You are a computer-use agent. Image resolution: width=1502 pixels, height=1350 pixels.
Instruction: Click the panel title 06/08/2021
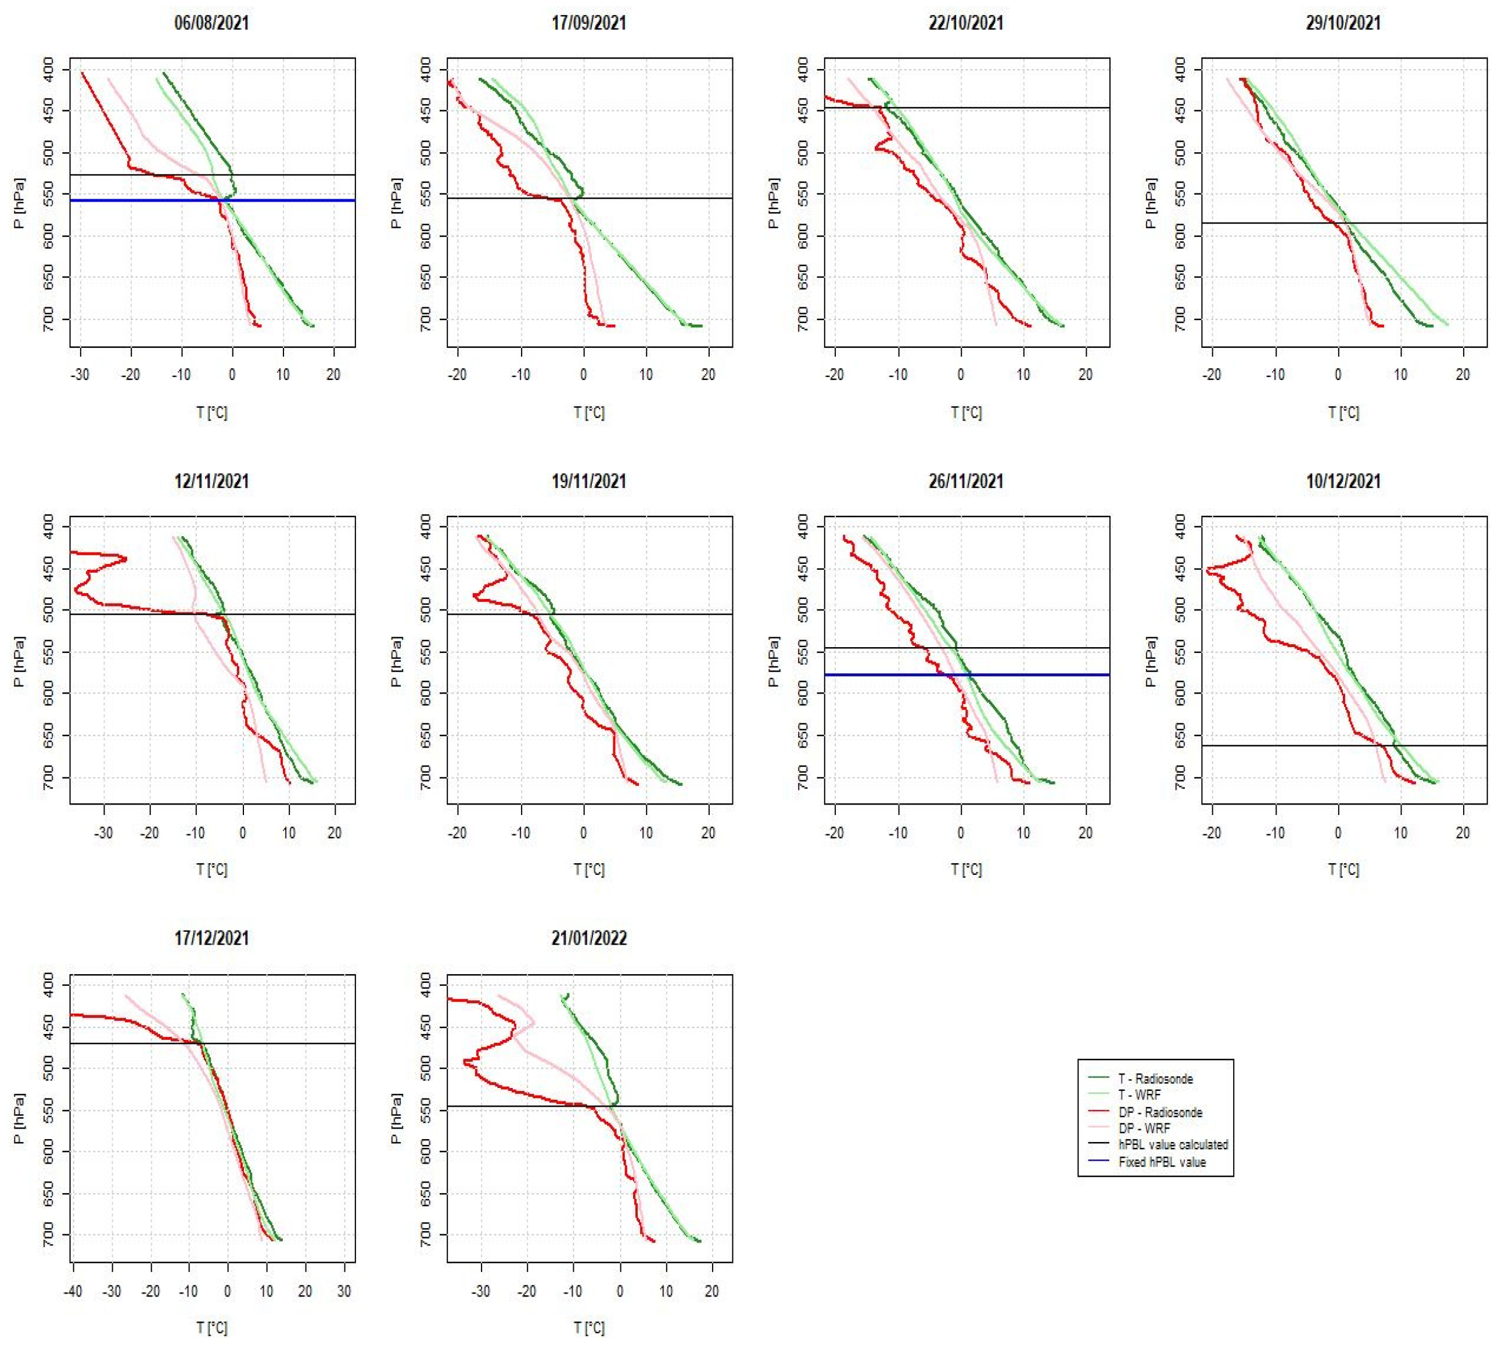coord(211,23)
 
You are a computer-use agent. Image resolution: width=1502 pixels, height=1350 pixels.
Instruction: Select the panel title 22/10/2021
coord(966,23)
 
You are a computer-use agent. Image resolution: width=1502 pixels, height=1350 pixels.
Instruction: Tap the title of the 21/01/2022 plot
coord(589,938)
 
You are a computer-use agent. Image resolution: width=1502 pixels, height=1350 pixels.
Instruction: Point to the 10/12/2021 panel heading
coord(1343,482)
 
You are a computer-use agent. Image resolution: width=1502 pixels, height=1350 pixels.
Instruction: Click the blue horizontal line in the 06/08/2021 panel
coord(297,200)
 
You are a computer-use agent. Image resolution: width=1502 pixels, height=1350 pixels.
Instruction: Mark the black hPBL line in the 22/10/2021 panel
coord(1039,108)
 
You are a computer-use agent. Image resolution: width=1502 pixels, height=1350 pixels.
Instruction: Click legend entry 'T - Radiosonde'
coord(1155,1079)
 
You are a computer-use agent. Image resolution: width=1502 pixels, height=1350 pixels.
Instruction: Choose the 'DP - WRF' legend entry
coord(1144,1128)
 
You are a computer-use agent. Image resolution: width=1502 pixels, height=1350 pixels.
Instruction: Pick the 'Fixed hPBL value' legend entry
coord(1162,1162)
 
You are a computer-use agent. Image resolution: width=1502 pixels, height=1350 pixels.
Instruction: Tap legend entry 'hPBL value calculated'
coord(1173,1144)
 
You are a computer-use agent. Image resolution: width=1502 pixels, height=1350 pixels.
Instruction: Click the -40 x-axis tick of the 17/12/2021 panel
coord(73,1291)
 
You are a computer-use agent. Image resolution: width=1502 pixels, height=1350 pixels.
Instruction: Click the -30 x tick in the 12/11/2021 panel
coord(103,833)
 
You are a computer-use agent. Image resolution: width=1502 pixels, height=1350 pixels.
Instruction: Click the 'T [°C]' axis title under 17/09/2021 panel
coord(589,412)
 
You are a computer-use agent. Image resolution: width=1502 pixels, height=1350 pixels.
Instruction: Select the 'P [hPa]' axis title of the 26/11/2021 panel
coord(774,662)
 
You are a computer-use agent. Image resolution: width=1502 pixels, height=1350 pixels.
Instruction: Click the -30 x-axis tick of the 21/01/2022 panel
coord(481,1291)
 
